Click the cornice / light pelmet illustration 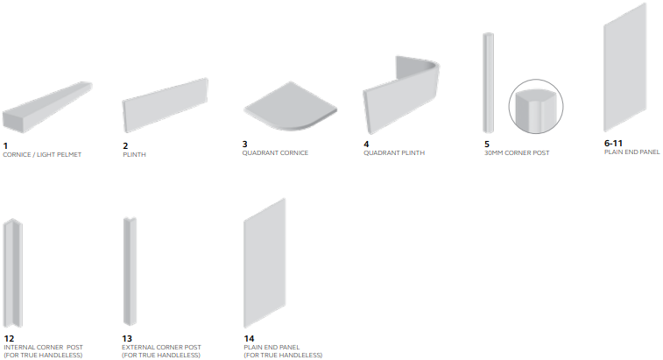coord(46,108)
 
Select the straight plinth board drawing coord(165,105)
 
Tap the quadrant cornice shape coord(290,106)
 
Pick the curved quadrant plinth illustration coord(402,95)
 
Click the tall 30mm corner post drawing coord(489,83)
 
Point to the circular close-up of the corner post coord(536,107)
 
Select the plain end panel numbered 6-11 coord(625,67)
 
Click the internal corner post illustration coord(12,273)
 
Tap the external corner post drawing coord(130,272)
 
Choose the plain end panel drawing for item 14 coord(264,263)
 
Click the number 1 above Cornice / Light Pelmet coord(5,146)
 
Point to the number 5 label coord(487,145)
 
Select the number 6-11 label coord(613,143)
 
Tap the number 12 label coord(9,338)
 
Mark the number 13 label coord(127,338)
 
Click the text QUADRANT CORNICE coord(275,152)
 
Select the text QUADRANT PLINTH coord(394,152)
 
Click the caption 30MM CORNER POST coord(517,152)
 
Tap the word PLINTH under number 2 coord(135,155)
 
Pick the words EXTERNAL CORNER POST coord(161,348)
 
